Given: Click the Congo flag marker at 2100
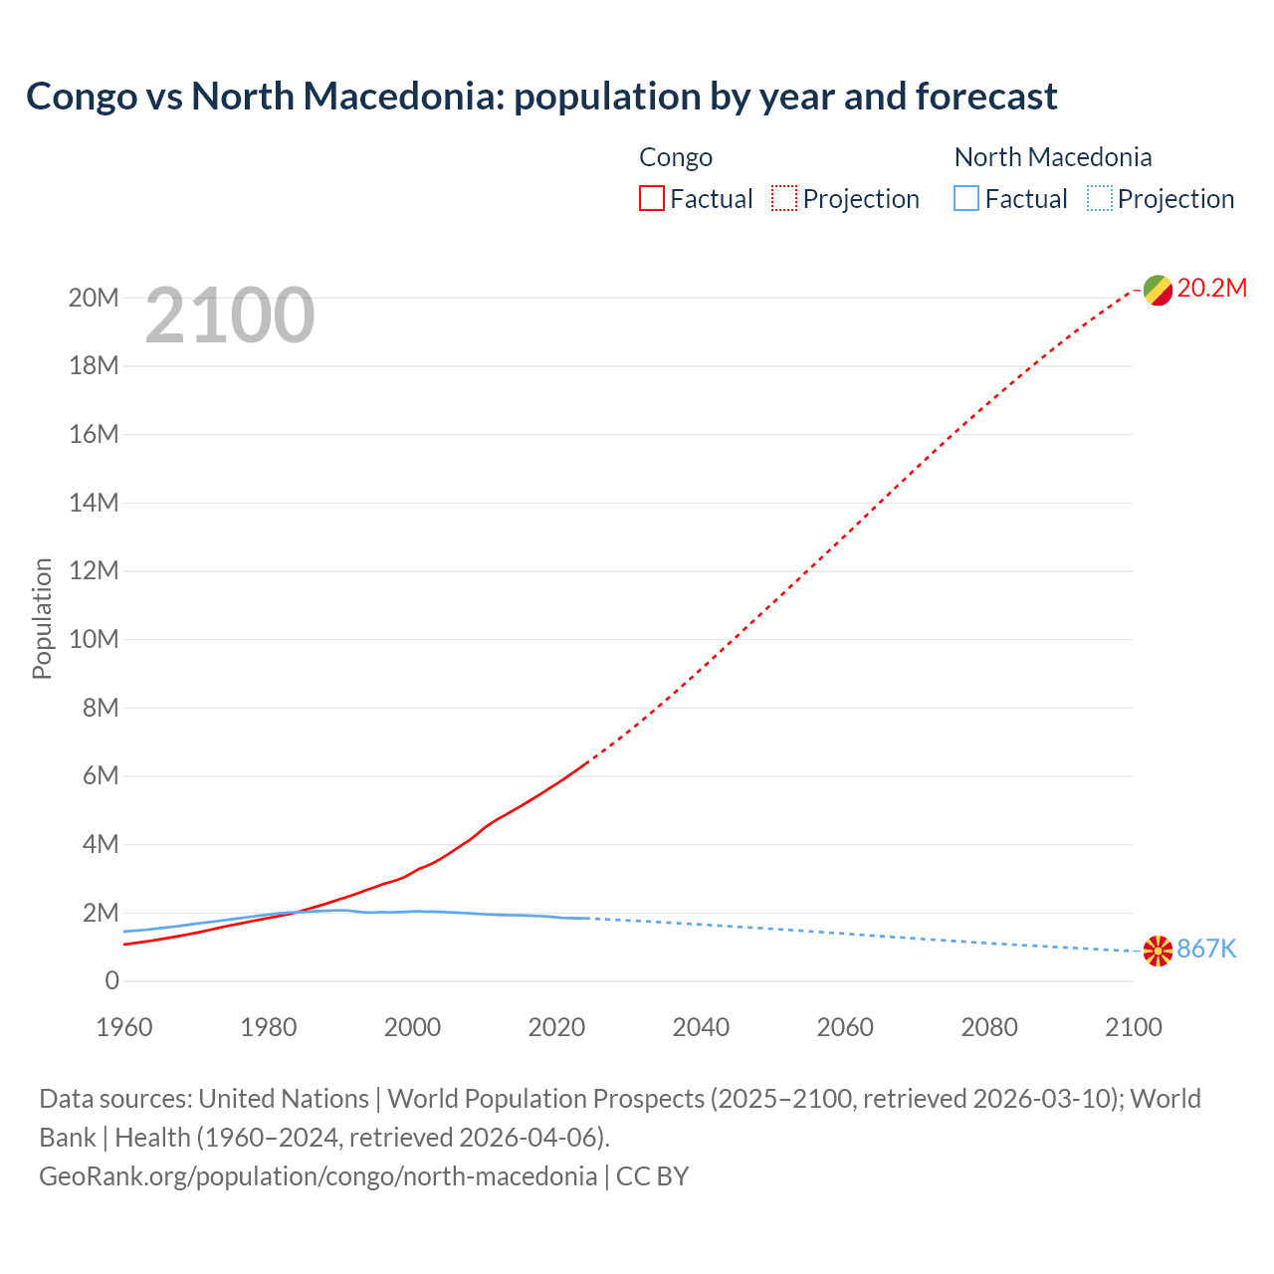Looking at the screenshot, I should [1158, 290].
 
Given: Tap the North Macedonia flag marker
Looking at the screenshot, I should [1158, 951].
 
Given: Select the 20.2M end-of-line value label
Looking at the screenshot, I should [1211, 288].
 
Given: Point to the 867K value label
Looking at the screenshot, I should [1206, 949].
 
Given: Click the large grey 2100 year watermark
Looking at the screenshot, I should [230, 316].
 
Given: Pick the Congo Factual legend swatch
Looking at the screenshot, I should [651, 198].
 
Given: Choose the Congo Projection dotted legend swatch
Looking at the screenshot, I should [784, 198].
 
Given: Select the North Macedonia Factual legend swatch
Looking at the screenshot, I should [965, 198].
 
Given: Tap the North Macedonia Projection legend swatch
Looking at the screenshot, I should [1099, 198].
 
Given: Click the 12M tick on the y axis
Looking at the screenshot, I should [94, 570].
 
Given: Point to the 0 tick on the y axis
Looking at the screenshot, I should [111, 980].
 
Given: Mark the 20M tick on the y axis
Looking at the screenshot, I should [94, 298].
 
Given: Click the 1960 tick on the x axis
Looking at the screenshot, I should [124, 1027].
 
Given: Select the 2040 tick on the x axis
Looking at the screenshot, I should [701, 1027].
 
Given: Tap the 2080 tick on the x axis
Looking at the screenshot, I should [989, 1027].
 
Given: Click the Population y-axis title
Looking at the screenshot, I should [42, 618].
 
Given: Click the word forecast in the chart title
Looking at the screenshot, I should [985, 97].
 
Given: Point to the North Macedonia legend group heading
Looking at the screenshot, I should [1052, 157].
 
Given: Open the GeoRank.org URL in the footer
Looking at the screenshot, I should [318, 1176].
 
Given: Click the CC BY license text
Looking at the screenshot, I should [652, 1176].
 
